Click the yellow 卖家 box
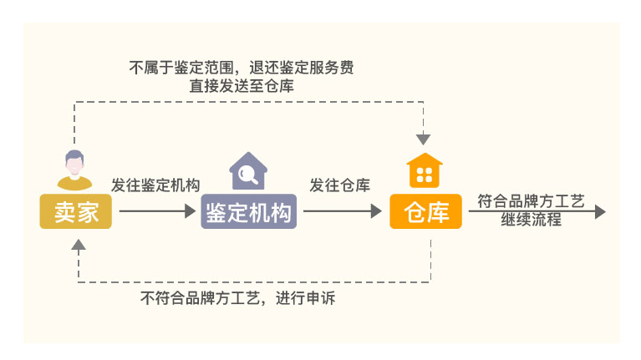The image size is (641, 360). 75,211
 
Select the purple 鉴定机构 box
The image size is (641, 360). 248,211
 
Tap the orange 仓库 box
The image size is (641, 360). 425,211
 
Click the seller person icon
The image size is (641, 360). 74,170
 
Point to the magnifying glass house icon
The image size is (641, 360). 248,170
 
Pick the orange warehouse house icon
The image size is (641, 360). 425,170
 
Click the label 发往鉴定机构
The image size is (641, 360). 155,185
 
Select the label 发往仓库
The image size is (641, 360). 339,185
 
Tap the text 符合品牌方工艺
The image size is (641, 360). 531,201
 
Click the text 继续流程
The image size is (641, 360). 531,220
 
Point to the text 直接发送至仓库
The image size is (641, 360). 242,86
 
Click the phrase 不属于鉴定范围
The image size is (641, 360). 181,68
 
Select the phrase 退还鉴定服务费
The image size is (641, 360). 302,68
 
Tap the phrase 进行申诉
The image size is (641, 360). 305,298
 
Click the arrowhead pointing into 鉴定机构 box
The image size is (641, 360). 190,211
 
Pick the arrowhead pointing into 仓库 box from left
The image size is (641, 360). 376,211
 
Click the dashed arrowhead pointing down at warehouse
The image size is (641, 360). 423,139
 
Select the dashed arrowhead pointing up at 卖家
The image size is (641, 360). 79,245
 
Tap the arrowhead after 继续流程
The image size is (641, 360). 600,211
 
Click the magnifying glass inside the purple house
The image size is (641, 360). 247,175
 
